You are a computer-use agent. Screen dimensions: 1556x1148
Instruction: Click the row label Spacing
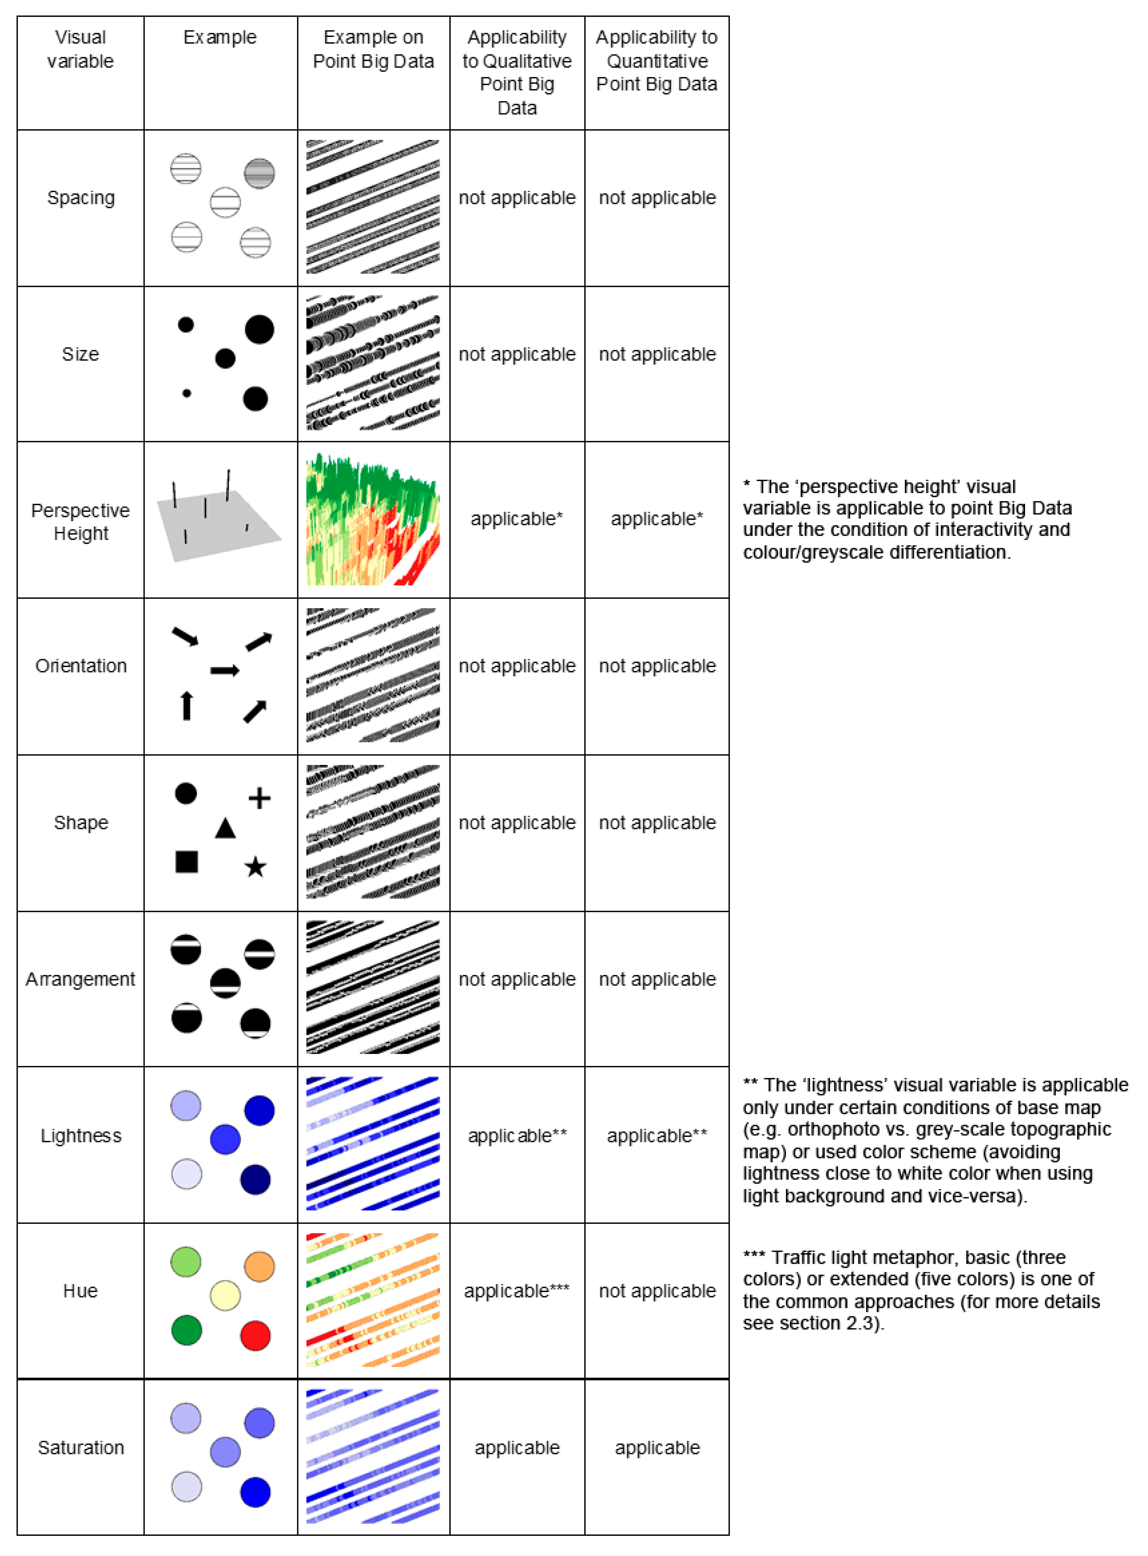point(81,198)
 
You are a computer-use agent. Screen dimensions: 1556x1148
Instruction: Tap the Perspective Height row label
point(81,522)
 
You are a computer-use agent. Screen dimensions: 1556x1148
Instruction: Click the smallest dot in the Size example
point(186,393)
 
